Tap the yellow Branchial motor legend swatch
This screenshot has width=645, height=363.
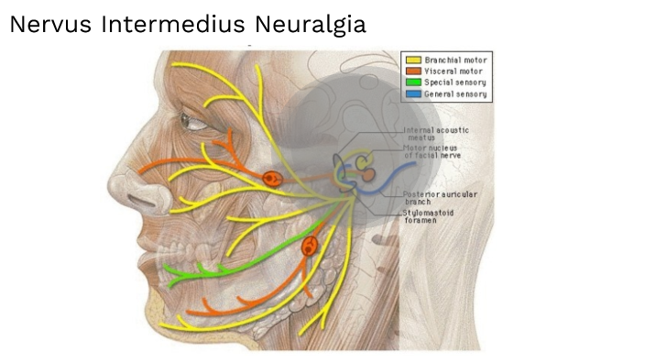[x=412, y=60]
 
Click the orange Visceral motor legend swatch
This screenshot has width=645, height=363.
[x=412, y=71]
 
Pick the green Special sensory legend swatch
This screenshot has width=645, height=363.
[x=412, y=82]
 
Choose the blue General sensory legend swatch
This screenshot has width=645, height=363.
[x=412, y=94]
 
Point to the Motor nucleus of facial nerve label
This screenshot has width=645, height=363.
[x=432, y=151]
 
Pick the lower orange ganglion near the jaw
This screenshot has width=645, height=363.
[x=310, y=246]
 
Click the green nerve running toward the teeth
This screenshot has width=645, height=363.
[x=238, y=261]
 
